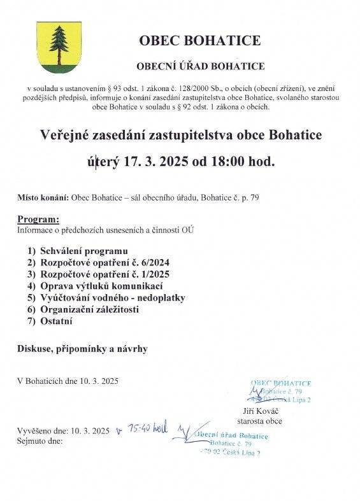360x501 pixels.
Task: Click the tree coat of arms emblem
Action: [57, 48]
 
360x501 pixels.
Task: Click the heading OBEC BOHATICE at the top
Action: [201, 41]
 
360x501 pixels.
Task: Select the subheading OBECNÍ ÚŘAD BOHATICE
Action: [200, 66]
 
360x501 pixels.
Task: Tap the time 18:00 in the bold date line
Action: [220, 162]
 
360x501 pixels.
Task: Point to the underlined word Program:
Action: [38, 219]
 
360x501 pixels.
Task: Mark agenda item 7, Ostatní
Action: [56, 321]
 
